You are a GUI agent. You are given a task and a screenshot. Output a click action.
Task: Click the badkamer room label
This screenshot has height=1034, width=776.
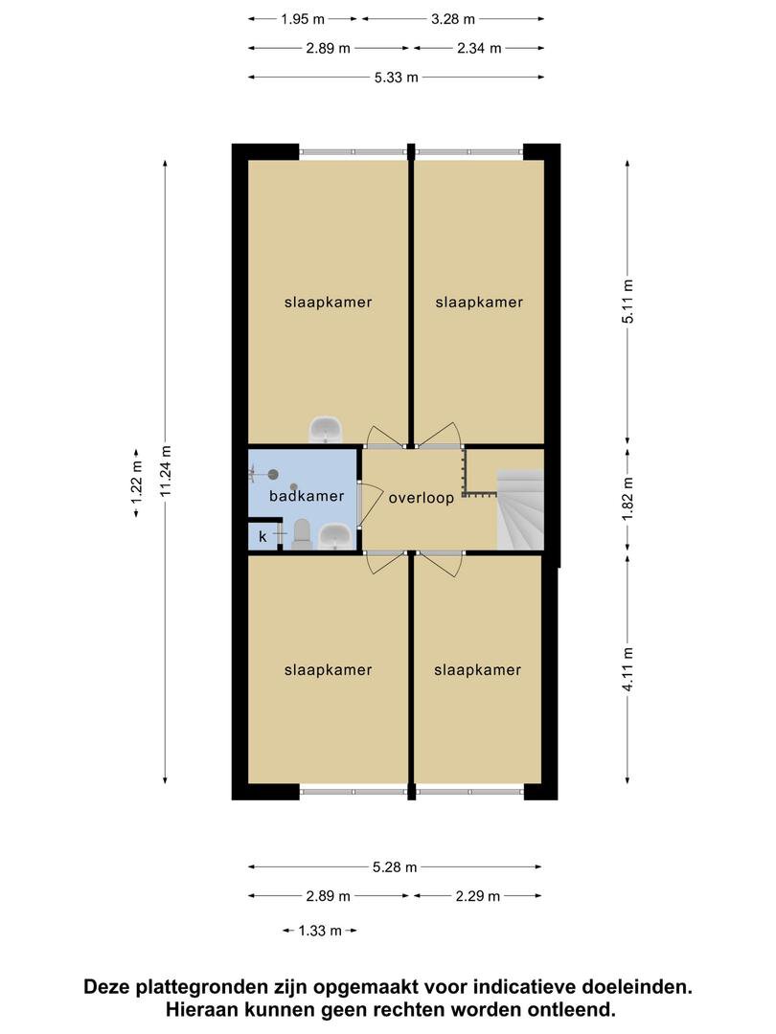pos(307,496)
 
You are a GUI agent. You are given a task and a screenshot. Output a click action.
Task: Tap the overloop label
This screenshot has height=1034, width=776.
pos(421,498)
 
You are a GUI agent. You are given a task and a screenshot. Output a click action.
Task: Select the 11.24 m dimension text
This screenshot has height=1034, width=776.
pos(166,470)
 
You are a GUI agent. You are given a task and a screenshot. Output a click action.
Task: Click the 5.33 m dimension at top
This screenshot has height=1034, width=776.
pos(396,78)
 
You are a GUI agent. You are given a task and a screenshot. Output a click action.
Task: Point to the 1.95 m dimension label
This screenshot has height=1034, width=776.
pos(302,19)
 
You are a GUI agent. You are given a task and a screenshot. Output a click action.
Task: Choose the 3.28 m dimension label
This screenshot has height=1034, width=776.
pos(452,19)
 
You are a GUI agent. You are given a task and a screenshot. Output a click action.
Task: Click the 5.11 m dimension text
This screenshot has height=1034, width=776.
pos(628,302)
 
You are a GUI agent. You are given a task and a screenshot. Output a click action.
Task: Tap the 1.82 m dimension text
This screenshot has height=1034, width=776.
pos(628,499)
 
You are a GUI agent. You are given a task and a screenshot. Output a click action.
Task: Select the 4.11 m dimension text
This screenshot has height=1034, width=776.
pos(628,669)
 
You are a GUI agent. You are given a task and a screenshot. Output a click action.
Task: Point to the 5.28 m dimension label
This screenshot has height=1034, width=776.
pos(395,867)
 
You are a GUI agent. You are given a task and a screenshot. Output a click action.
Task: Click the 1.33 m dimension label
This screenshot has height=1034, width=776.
pos(320,931)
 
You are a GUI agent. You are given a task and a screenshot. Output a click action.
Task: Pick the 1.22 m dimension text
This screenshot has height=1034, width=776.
pos(137,482)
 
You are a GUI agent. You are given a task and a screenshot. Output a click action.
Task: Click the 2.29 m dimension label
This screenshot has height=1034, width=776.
pos(478,896)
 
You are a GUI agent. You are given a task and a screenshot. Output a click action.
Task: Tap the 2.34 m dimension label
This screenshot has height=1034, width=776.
pos(479,48)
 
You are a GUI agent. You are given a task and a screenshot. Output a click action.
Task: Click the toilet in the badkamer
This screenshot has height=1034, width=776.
pos(301,534)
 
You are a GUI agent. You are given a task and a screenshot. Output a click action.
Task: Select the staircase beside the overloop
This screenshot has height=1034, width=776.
pos(520,509)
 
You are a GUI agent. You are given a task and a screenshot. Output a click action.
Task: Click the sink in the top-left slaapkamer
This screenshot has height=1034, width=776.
pos(326,429)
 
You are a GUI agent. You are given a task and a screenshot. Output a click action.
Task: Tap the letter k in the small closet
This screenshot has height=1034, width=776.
pos(262,537)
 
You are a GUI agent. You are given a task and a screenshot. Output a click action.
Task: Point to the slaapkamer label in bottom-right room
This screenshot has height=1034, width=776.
pos(478,670)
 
